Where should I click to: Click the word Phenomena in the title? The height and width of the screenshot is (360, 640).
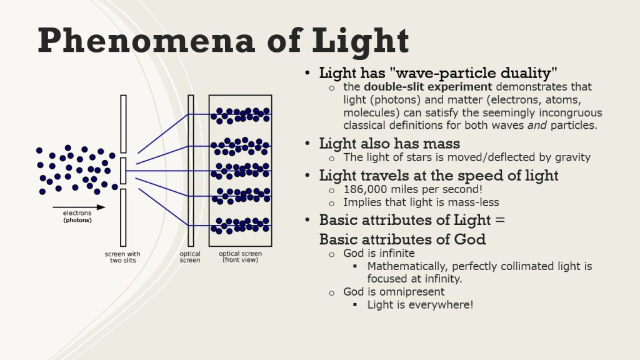coord(146,41)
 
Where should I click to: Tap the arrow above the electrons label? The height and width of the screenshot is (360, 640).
coord(79,207)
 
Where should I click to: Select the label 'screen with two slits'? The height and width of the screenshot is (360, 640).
coord(122,257)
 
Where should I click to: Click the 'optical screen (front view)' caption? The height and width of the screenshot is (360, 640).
coord(241,257)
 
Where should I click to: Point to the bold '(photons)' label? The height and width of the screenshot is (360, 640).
coord(77,221)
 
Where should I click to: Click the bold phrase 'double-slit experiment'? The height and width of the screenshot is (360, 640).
coord(427,87)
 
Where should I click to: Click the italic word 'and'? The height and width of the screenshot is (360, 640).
coord(537,125)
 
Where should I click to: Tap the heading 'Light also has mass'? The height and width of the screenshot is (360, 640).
coord(389,144)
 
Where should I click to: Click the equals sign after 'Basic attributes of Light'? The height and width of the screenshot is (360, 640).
coord(500,221)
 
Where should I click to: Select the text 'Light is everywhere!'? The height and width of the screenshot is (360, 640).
coord(420,305)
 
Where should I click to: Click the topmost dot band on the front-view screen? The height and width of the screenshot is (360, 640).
coord(241,116)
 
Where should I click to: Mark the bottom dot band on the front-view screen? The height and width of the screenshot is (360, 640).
coord(241,226)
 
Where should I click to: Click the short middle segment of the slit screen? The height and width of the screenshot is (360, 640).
coord(123,171)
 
